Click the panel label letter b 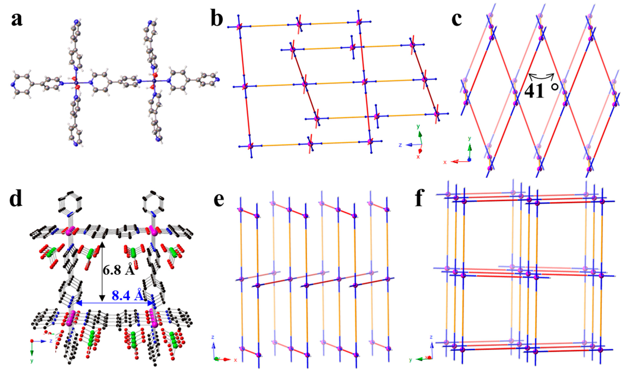217,19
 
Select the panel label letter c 456,19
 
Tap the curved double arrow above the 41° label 541,75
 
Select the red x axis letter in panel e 236,360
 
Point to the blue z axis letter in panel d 51,341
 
